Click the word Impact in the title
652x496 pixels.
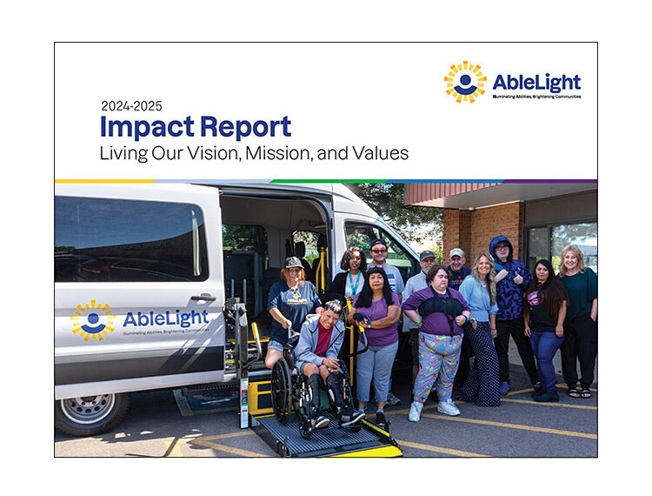tap(145, 128)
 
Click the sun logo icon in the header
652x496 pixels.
tap(465, 83)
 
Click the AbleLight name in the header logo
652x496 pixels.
tap(536, 82)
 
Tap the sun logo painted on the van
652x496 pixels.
tap(92, 321)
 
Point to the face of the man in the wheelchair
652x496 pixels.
tap(333, 312)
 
